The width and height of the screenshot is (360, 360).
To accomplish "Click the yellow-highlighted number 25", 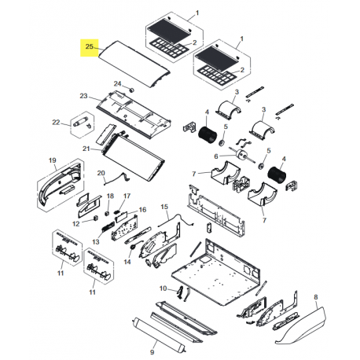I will (90, 47).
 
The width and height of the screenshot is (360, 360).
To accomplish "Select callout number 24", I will (117, 83).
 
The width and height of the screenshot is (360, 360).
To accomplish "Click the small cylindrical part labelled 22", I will (82, 123).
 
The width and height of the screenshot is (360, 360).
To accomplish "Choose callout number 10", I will (163, 289).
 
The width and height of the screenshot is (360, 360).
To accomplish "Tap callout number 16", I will (142, 211).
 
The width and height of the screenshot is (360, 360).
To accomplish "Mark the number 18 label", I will (109, 196).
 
